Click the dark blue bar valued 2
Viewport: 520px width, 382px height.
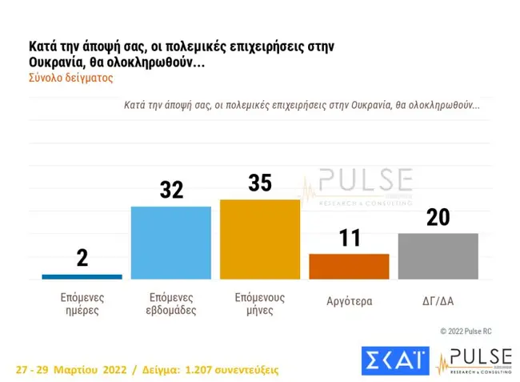[x=82, y=276]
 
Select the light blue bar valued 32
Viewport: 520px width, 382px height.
[x=170, y=243]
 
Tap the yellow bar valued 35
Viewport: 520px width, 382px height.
[x=259, y=239]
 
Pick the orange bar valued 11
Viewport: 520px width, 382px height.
[x=349, y=266]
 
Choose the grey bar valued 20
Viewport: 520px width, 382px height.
[x=438, y=256]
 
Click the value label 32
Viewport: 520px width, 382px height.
[x=171, y=190]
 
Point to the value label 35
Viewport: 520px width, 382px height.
[x=260, y=183]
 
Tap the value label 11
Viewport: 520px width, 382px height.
[x=350, y=238]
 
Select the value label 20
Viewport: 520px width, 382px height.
[x=438, y=217]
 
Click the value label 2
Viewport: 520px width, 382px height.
[x=82, y=258]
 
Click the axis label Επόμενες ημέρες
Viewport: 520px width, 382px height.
[x=82, y=303]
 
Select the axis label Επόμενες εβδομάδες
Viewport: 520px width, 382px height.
[x=170, y=303]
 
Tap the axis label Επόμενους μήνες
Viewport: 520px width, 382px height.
[x=259, y=303]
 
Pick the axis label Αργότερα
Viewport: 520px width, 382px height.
[x=349, y=302]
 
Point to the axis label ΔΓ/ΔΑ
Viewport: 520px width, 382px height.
[x=438, y=302]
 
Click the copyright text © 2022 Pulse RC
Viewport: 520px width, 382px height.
[x=476, y=331]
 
